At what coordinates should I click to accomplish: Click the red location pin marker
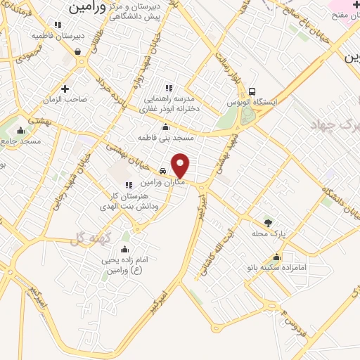[181, 166]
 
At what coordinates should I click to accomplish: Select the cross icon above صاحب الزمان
[65, 89]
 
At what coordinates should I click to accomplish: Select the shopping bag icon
[76, 51]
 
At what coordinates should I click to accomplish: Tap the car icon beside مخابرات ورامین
[162, 171]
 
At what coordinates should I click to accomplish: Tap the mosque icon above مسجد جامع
[20, 130]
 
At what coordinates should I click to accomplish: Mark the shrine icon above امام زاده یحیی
[124, 249]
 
